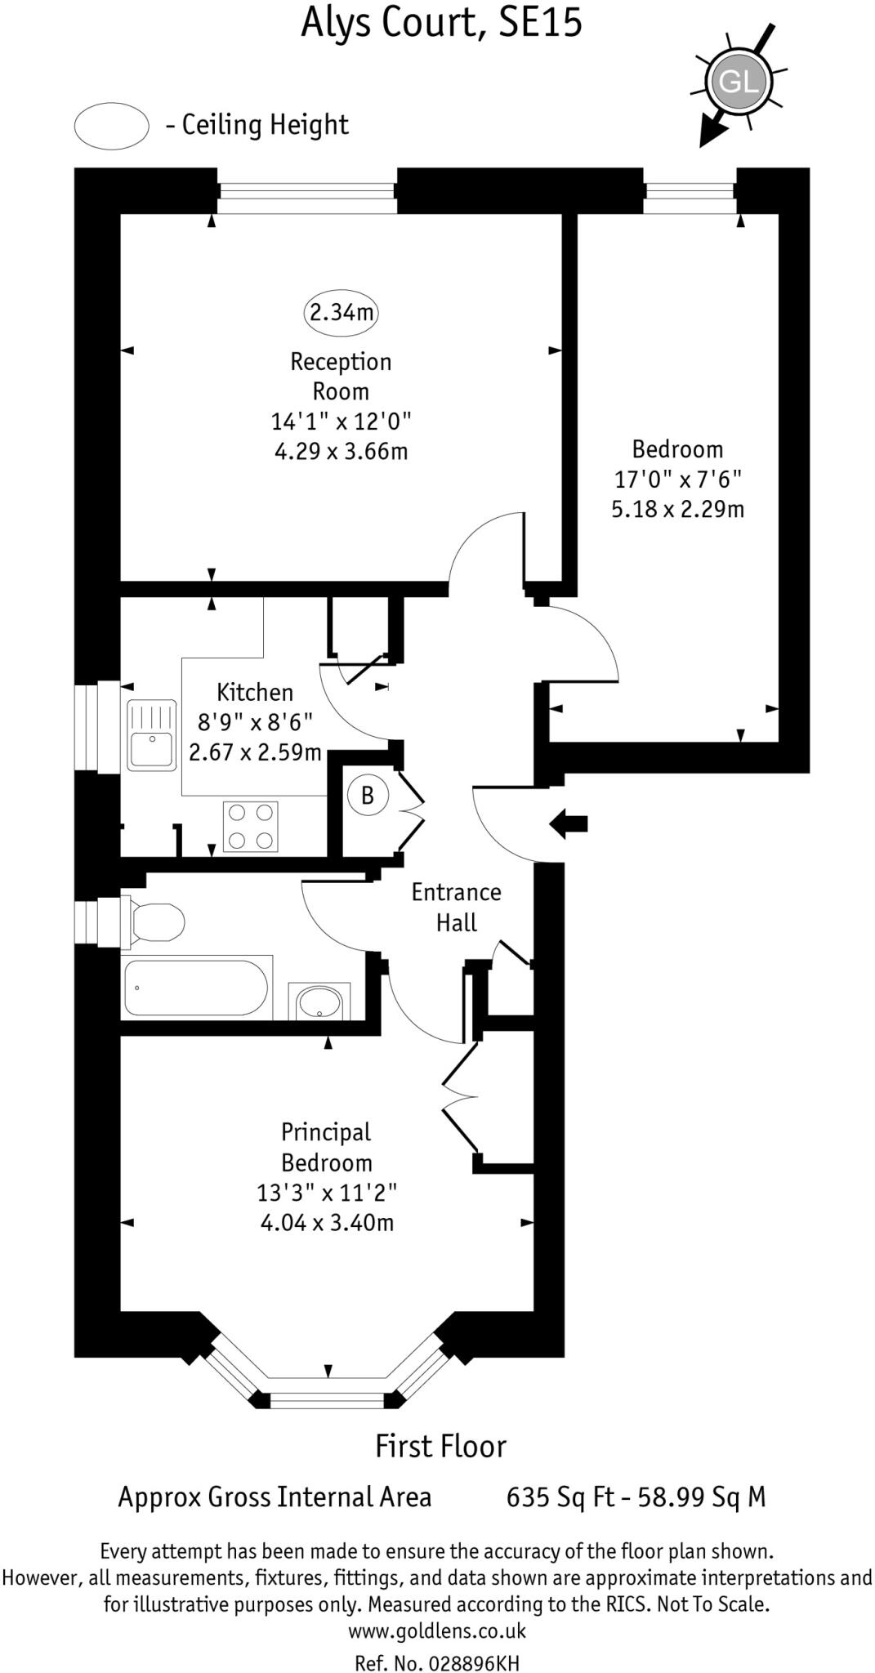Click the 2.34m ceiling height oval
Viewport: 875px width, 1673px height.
(x=342, y=312)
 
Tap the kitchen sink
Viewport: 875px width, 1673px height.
(x=151, y=735)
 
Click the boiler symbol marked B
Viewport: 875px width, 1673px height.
(x=368, y=795)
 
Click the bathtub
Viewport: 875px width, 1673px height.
(x=196, y=988)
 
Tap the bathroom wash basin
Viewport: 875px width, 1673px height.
(x=319, y=1001)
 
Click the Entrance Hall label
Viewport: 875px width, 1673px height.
(x=456, y=907)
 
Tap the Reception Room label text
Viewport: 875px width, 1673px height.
(x=341, y=376)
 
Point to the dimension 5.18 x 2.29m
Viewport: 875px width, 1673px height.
(x=677, y=510)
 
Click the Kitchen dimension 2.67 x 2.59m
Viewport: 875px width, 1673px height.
(x=255, y=752)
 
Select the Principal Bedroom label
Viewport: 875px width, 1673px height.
(x=326, y=1147)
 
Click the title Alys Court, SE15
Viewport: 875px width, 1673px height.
(x=441, y=23)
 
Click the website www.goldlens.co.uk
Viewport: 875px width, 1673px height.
(x=437, y=1631)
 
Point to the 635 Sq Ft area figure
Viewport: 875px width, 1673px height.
(x=560, y=1497)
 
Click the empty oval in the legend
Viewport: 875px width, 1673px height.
(x=111, y=126)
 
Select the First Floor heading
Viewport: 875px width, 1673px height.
(x=440, y=1447)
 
